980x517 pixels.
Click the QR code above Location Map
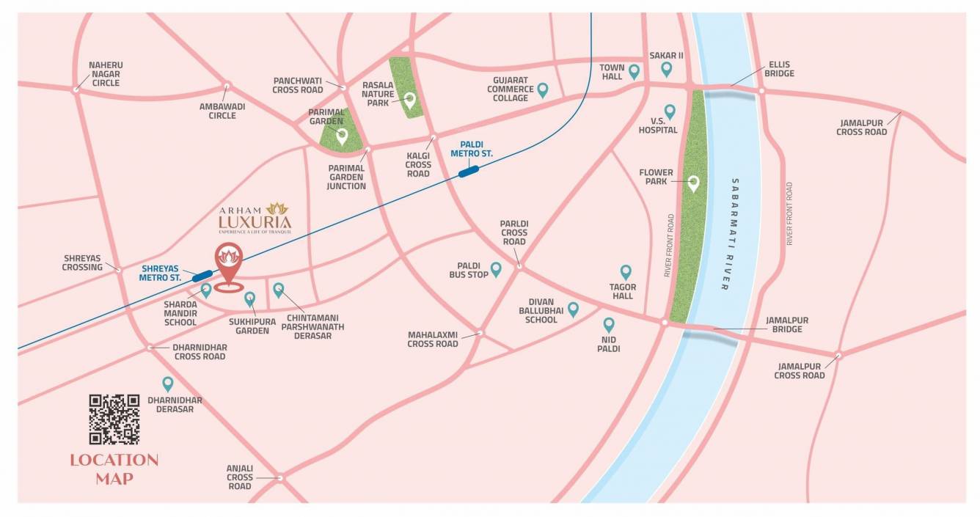click(x=114, y=419)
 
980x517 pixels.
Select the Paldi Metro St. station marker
click(x=468, y=172)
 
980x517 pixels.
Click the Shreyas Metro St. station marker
click(x=202, y=276)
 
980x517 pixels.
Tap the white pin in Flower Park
click(x=692, y=182)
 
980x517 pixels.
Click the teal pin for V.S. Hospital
click(x=669, y=111)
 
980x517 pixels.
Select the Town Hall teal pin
click(x=634, y=71)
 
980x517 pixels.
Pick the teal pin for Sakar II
click(x=666, y=69)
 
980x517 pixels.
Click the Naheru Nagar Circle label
click(x=106, y=74)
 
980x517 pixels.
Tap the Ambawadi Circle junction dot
click(x=226, y=86)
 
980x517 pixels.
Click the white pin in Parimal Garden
click(x=341, y=136)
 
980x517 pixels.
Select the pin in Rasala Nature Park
click(x=409, y=100)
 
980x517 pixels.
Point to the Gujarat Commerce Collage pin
click(x=542, y=89)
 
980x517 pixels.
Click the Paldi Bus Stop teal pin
click(x=496, y=269)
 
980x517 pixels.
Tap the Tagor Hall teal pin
click(x=626, y=272)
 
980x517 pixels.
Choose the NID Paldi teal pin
click(x=608, y=324)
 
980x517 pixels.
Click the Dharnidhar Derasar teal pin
click(x=167, y=383)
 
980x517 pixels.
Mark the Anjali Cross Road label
click(x=240, y=477)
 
